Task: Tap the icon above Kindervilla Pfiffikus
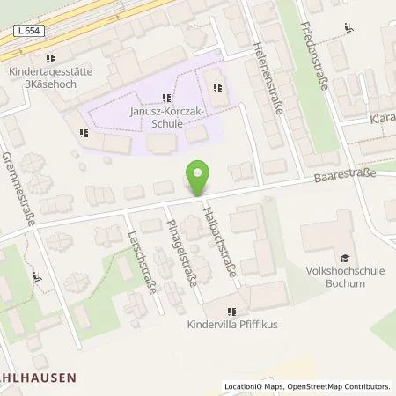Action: [231, 310]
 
